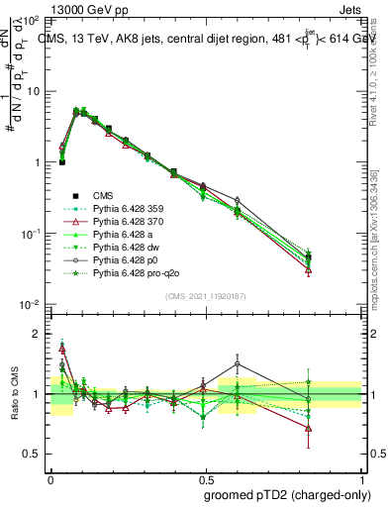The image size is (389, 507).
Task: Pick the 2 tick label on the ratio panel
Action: pos(38,334)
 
